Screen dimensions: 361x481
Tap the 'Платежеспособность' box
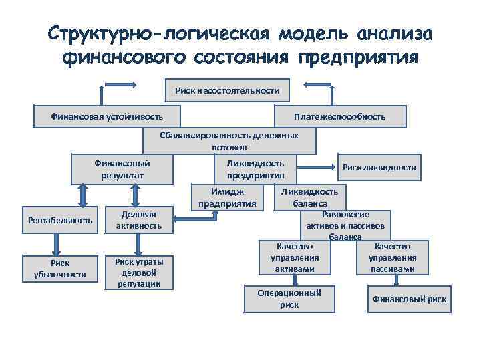pyautogui.click(x=339, y=116)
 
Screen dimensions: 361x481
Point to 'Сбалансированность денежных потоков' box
pyautogui.click(x=229, y=141)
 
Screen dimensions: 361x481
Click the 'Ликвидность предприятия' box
pyautogui.click(x=255, y=170)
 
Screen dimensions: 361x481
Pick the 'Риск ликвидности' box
pyautogui.click(x=379, y=168)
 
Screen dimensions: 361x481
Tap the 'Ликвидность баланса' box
pyautogui.click(x=309, y=197)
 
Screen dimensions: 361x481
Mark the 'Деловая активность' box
pyautogui.click(x=139, y=220)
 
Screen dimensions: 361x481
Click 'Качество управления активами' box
pyautogui.click(x=294, y=258)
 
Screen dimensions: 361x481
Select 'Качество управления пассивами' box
pyautogui.click(x=392, y=258)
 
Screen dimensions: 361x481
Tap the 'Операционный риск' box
pyautogui.click(x=289, y=299)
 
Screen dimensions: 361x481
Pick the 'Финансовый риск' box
pyautogui.click(x=409, y=299)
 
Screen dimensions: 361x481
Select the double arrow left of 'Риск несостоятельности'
pyautogui.click(x=120, y=84)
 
